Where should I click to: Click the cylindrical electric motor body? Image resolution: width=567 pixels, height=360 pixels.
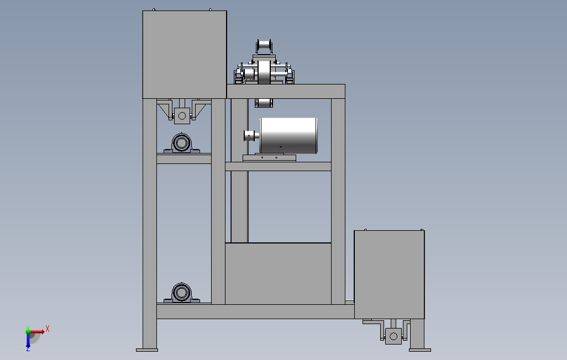pyautogui.click(x=288, y=135)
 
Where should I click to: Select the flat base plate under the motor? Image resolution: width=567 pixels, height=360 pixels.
pyautogui.click(x=269, y=158)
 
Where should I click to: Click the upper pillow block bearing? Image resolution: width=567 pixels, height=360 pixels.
pyautogui.click(x=181, y=143)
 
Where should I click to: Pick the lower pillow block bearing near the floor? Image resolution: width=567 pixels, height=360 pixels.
pyautogui.click(x=181, y=293)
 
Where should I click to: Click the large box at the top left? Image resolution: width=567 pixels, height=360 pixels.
pyautogui.click(x=184, y=54)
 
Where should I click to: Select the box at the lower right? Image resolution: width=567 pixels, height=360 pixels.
pyautogui.click(x=389, y=274)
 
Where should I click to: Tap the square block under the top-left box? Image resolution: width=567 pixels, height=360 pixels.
pyautogui.click(x=181, y=115)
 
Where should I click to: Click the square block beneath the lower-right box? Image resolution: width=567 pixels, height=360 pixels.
pyautogui.click(x=393, y=336)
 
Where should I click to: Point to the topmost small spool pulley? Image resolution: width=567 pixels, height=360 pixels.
pyautogui.click(x=265, y=46)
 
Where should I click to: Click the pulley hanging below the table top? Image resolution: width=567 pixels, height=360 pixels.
pyautogui.click(x=265, y=103)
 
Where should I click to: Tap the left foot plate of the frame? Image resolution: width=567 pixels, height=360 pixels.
pyautogui.click(x=147, y=349)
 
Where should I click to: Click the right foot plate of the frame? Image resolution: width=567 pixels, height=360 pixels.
pyautogui.click(x=419, y=349)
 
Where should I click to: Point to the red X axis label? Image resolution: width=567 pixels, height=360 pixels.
pyautogui.click(x=48, y=329)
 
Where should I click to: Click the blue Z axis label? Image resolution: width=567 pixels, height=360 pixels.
pyautogui.click(x=28, y=348)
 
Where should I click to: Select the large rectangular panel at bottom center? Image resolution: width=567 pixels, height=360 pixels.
pyautogui.click(x=278, y=273)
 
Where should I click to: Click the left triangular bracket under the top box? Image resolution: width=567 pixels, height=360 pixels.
pyautogui.click(x=165, y=109)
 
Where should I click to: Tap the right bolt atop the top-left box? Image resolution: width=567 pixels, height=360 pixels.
pyautogui.click(x=210, y=9)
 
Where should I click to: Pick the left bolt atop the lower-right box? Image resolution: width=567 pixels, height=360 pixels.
pyautogui.click(x=365, y=229)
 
